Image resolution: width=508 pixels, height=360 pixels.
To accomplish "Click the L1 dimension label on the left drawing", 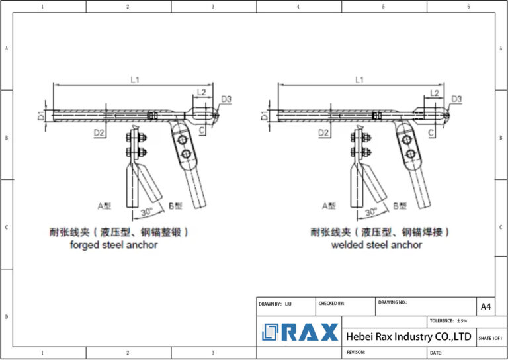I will [135, 79].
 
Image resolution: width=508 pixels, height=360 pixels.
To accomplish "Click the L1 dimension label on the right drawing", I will [360, 79].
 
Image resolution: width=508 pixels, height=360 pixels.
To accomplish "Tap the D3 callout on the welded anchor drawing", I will [456, 99].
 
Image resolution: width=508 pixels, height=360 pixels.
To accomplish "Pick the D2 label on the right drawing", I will [324, 134].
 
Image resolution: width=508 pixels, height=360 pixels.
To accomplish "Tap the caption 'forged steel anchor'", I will [114, 245].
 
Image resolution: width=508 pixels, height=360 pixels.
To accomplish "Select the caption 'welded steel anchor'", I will [376, 245].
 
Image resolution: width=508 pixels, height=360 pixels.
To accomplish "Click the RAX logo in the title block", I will [300, 332].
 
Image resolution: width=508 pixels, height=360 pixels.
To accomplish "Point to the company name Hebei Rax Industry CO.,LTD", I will [408, 337].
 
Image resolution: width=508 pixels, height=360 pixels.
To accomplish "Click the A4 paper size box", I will [486, 306].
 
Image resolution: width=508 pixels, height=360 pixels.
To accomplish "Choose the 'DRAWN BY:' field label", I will [271, 303].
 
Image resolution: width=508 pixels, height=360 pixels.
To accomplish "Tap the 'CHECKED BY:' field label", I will [331, 303].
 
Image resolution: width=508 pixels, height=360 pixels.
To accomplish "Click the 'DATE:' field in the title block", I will [436, 353].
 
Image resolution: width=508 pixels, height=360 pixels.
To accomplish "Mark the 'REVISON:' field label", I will [357, 353].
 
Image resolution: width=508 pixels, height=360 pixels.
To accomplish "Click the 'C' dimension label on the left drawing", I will [202, 133].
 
